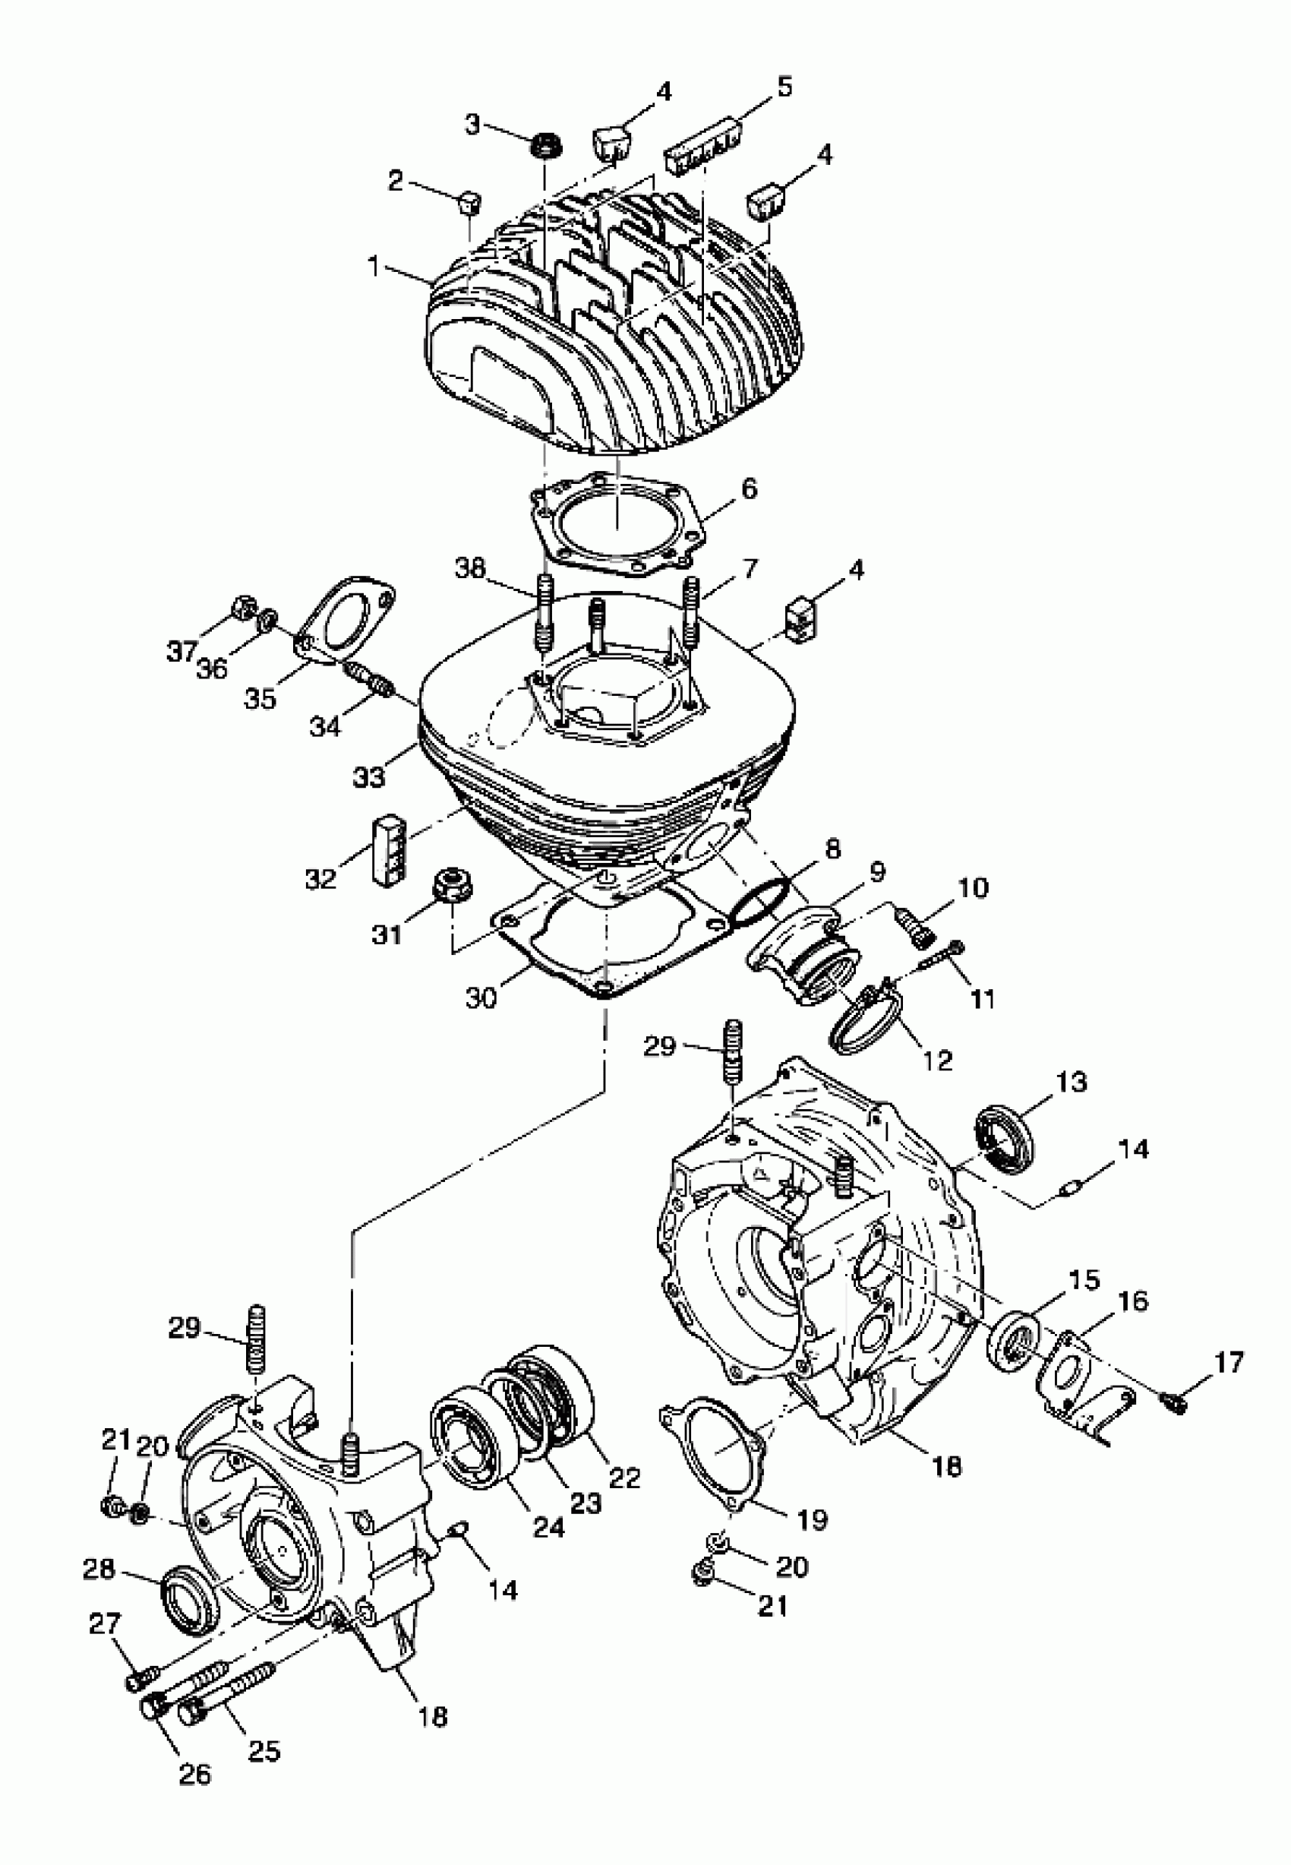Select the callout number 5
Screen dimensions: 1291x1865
pyautogui.click(x=784, y=87)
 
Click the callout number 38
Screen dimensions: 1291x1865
pyautogui.click(x=470, y=568)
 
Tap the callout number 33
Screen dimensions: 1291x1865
pyautogui.click(x=370, y=776)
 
